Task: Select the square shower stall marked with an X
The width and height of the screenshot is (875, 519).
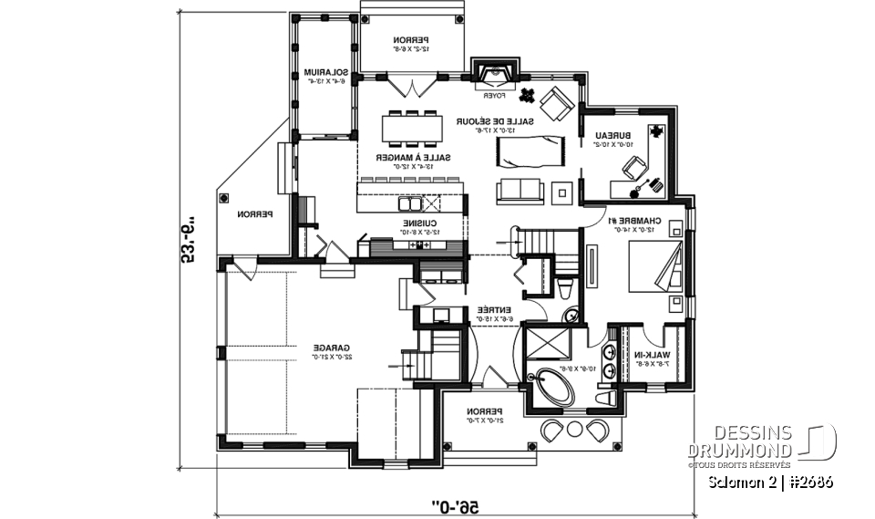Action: tap(551, 344)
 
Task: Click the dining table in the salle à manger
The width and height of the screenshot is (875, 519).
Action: tap(413, 128)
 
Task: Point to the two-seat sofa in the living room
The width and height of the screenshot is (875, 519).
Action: tap(519, 191)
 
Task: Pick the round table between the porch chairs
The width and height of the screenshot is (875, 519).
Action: tap(574, 429)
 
